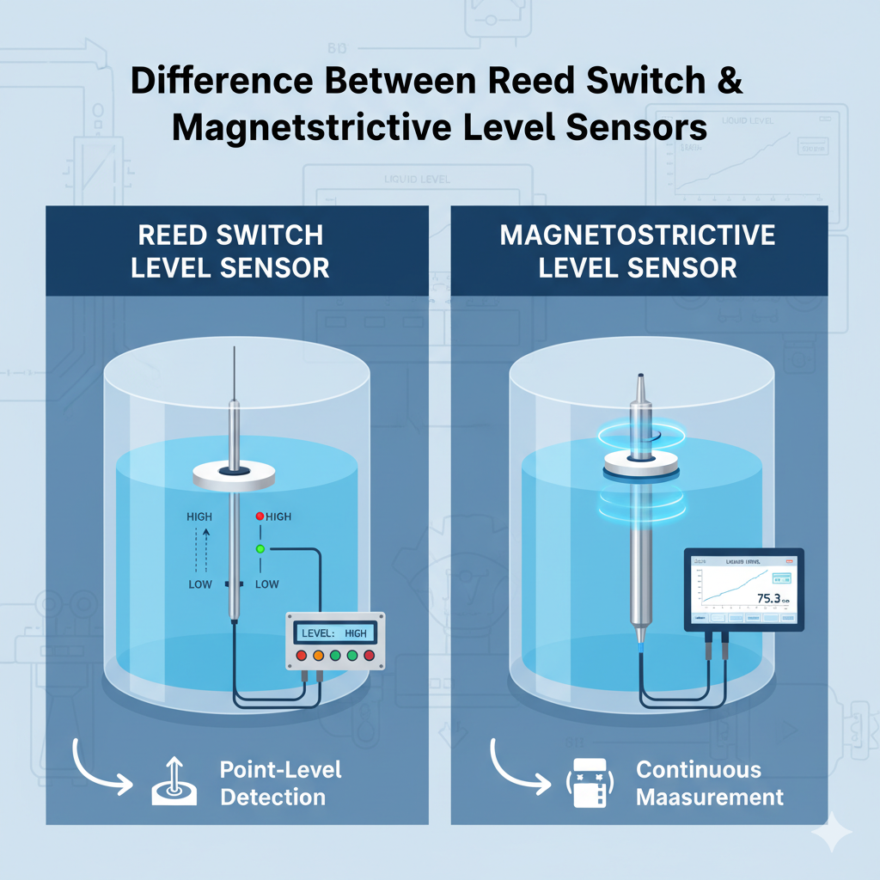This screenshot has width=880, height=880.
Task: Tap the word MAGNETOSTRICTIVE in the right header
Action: click(638, 235)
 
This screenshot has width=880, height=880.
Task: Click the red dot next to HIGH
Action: click(260, 516)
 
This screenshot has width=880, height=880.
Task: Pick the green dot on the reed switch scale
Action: click(260, 548)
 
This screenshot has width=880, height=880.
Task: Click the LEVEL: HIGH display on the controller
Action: click(334, 632)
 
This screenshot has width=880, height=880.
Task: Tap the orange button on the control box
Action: click(318, 656)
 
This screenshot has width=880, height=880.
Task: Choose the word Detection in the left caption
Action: click(272, 797)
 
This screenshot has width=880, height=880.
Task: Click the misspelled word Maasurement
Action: click(710, 797)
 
